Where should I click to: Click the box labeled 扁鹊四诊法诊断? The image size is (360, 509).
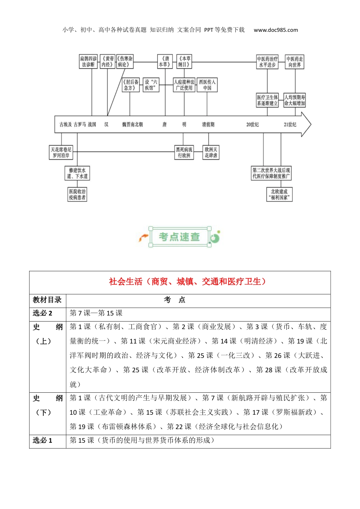[88, 62]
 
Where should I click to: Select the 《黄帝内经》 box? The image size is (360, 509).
[107, 62]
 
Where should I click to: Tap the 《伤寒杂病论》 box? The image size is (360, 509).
[125, 62]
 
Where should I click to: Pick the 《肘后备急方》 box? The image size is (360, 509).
[130, 85]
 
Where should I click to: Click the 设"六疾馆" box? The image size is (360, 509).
[151, 85]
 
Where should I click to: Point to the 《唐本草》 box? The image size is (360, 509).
[165, 62]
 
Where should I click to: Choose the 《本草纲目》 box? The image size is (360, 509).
[184, 62]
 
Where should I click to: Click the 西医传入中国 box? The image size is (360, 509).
[207, 85]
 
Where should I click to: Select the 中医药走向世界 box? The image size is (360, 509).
[294, 62]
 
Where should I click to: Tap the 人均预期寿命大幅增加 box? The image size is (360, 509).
[294, 100]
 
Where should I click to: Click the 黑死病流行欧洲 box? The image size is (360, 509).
[184, 153]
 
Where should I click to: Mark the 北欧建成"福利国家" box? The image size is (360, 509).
[279, 195]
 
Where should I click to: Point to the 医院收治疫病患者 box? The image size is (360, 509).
[77, 195]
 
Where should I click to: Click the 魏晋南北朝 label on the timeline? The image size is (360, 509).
[132, 125]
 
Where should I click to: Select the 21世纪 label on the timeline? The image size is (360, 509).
[290, 125]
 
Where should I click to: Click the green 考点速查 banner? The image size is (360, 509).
[179, 237]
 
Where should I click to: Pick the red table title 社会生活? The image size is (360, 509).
[187, 282]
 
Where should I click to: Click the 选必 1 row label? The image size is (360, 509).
[42, 440]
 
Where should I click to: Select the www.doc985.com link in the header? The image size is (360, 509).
[275, 30]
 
